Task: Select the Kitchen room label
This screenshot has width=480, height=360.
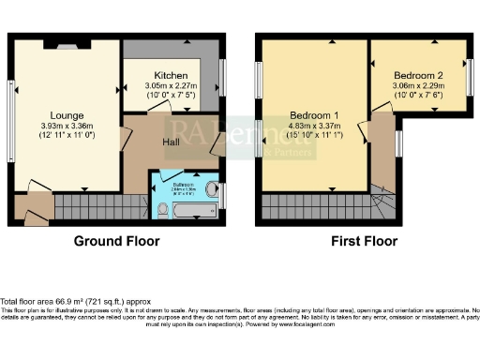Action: [x=172, y=75]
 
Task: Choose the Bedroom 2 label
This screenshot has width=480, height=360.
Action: [x=418, y=74]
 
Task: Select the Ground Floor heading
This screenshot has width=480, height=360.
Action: [x=117, y=241]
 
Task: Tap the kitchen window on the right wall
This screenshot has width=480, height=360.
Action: [x=223, y=75]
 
